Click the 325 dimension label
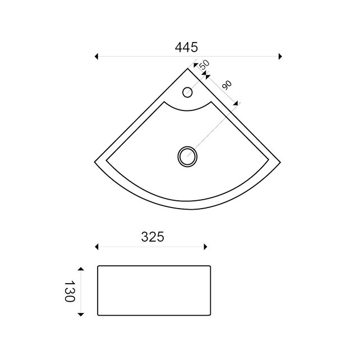click(x=152, y=237)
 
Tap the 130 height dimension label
click(x=70, y=291)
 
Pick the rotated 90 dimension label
click(x=227, y=85)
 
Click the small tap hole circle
click(x=188, y=92)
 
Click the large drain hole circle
click(x=187, y=156)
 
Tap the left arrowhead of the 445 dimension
click(x=97, y=56)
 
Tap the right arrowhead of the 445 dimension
click(x=280, y=56)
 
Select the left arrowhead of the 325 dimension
click(x=97, y=246)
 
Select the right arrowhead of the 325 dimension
click(x=206, y=246)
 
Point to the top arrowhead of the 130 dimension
click(x=81, y=269)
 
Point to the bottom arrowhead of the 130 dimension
click(x=81, y=314)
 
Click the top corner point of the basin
click(x=188, y=69)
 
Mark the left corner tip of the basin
click(x=95, y=161)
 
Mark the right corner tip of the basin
click(x=280, y=161)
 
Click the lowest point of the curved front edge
click(x=187, y=209)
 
